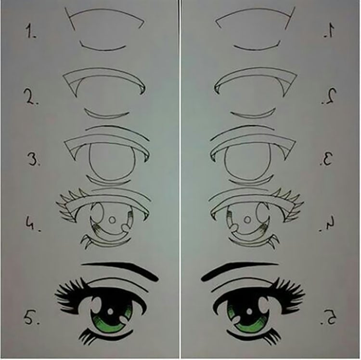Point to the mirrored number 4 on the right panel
[x=330, y=225]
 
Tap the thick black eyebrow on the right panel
[x=241, y=269]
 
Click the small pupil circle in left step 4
[x=112, y=219]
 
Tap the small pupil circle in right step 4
[x=249, y=220]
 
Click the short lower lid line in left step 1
[x=103, y=47]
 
